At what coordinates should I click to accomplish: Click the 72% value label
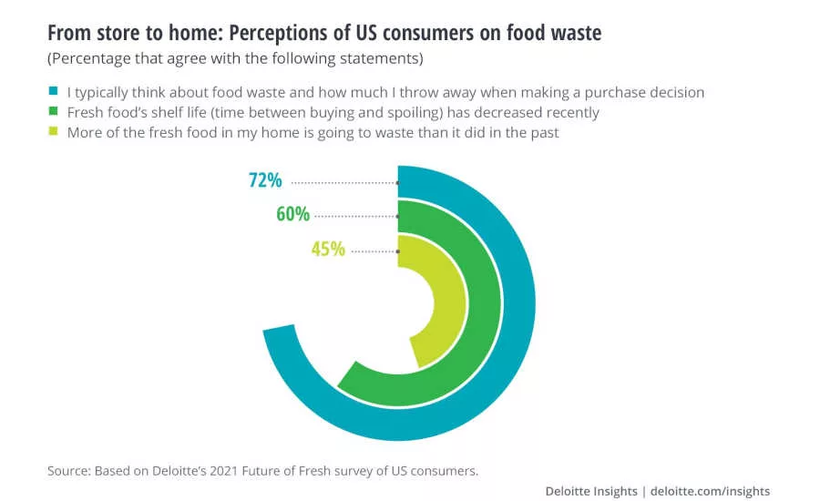265,180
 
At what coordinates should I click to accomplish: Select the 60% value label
292,215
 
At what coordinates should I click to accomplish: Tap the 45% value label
328,249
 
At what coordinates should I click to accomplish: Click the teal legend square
54,92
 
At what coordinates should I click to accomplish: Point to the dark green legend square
54,112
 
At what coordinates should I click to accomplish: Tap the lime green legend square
54,131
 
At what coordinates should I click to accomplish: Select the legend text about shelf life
333,112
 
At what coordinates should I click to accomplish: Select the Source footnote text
262,471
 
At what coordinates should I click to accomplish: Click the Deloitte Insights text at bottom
591,491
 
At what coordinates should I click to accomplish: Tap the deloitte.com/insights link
710,491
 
